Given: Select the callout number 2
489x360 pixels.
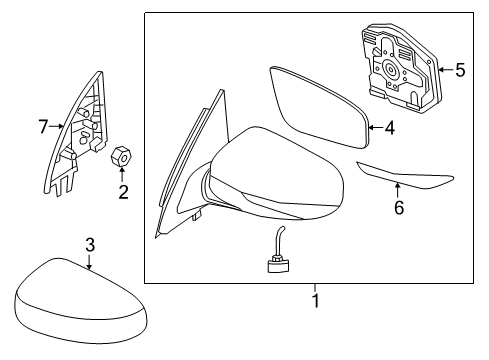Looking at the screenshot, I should point(124,192).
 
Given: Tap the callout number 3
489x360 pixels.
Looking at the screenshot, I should point(89,244).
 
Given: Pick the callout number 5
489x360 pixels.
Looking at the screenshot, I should point(460,70).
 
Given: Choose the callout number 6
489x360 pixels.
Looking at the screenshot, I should point(398,208).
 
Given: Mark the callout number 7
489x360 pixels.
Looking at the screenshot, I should point(42,127).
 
